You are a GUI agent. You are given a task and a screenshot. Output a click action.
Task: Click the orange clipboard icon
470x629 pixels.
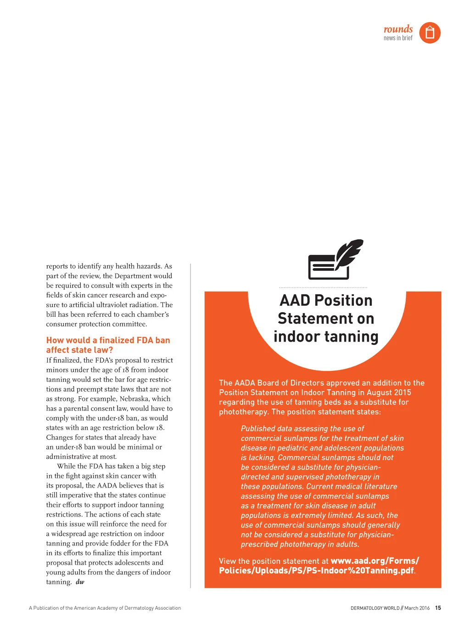(x=430, y=33)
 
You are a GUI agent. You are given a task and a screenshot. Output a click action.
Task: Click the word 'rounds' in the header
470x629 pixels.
(x=398, y=29)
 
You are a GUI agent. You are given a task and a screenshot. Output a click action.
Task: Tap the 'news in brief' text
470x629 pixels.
(x=398, y=38)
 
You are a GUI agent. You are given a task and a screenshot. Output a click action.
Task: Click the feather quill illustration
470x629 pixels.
(x=349, y=253)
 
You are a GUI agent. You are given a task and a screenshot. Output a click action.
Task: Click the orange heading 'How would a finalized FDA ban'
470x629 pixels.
(x=108, y=340)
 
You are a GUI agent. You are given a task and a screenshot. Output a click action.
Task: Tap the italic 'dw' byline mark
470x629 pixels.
(x=80, y=582)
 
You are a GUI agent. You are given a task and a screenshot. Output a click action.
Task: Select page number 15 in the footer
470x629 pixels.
(x=438, y=608)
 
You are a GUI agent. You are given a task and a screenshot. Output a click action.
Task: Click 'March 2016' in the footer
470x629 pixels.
(x=417, y=608)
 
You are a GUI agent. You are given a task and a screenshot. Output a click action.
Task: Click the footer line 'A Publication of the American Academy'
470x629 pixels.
(x=105, y=608)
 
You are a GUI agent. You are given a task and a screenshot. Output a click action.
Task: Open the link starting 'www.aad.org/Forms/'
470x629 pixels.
(x=375, y=561)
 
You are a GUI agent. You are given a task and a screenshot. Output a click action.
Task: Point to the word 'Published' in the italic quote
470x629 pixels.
(x=258, y=428)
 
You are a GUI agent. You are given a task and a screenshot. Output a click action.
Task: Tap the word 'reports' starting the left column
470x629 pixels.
(x=57, y=266)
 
